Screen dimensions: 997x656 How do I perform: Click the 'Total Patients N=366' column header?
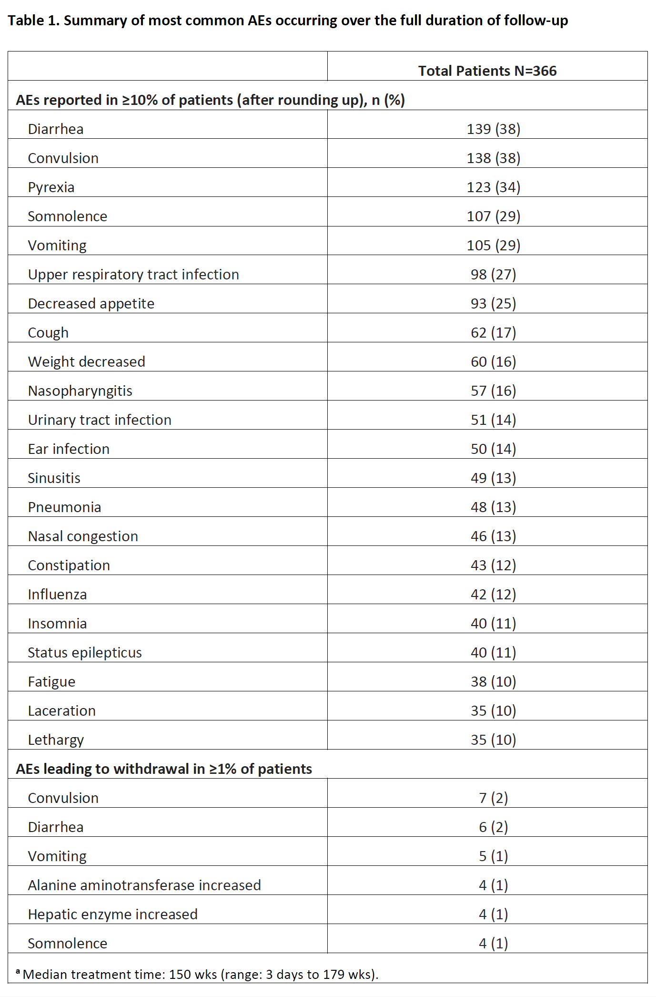click(x=487, y=71)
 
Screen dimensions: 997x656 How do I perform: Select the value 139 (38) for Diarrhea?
click(x=493, y=129)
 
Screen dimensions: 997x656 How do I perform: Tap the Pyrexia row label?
click(x=51, y=187)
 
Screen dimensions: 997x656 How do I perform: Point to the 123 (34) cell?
click(x=493, y=187)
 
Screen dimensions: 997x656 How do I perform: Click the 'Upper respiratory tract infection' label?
click(x=133, y=275)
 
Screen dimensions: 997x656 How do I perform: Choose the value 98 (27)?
click(x=493, y=275)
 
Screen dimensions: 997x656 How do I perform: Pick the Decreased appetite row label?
click(x=91, y=304)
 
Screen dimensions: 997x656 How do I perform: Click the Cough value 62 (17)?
click(x=493, y=333)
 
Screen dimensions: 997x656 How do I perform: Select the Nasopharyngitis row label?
click(x=80, y=391)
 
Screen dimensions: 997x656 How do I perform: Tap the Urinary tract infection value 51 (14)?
click(x=493, y=420)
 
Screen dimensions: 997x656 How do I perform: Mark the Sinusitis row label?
click(x=54, y=478)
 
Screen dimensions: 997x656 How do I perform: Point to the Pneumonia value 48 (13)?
click(x=493, y=507)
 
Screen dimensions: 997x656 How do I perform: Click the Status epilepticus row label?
click(x=85, y=653)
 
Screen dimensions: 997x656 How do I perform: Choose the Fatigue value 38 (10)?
click(x=493, y=682)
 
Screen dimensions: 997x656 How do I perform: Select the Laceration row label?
click(x=61, y=711)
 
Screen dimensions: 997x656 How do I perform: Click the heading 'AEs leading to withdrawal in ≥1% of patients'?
click(x=164, y=769)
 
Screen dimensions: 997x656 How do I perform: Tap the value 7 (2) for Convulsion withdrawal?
click(x=493, y=798)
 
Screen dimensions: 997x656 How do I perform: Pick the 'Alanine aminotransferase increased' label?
click(x=144, y=885)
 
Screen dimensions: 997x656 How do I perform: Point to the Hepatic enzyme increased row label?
click(x=112, y=915)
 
